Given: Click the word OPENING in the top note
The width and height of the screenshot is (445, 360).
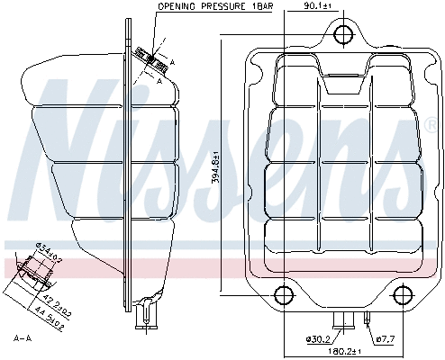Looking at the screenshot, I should pyautogui.click(x=176, y=6).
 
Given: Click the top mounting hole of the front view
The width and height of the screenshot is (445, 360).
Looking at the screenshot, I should pyautogui.click(x=342, y=34).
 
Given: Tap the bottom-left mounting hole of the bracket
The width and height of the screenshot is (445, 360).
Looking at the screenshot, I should pyautogui.click(x=282, y=294).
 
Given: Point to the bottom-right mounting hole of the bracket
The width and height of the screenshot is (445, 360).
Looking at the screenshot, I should pyautogui.click(x=403, y=294).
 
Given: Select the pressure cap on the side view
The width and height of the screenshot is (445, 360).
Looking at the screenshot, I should pyautogui.click(x=151, y=58).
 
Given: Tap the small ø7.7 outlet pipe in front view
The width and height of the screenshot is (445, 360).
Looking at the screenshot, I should pyautogui.click(x=368, y=317).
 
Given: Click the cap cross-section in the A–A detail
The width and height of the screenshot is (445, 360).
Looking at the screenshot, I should pyautogui.click(x=36, y=272).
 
